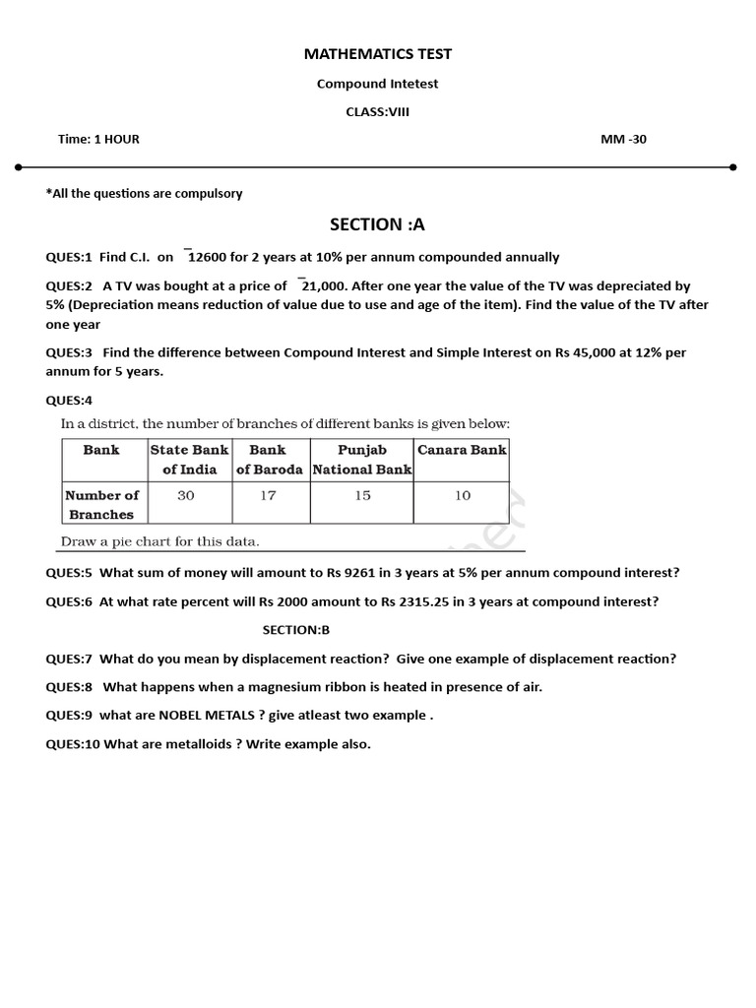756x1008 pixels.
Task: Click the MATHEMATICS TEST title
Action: [378, 54]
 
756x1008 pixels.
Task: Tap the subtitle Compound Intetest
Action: [377, 84]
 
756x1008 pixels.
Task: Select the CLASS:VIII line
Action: [377, 111]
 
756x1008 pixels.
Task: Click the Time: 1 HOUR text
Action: [98, 139]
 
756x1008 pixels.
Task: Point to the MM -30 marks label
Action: [623, 139]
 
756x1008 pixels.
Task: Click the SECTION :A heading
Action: [378, 224]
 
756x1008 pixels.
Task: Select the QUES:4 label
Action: [69, 400]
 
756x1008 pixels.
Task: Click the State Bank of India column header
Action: [189, 460]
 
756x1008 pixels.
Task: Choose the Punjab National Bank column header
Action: [362, 460]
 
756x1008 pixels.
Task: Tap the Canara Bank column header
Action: [462, 450]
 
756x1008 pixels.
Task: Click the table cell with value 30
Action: [186, 495]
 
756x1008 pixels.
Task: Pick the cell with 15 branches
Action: [362, 495]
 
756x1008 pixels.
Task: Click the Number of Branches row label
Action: [101, 505]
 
